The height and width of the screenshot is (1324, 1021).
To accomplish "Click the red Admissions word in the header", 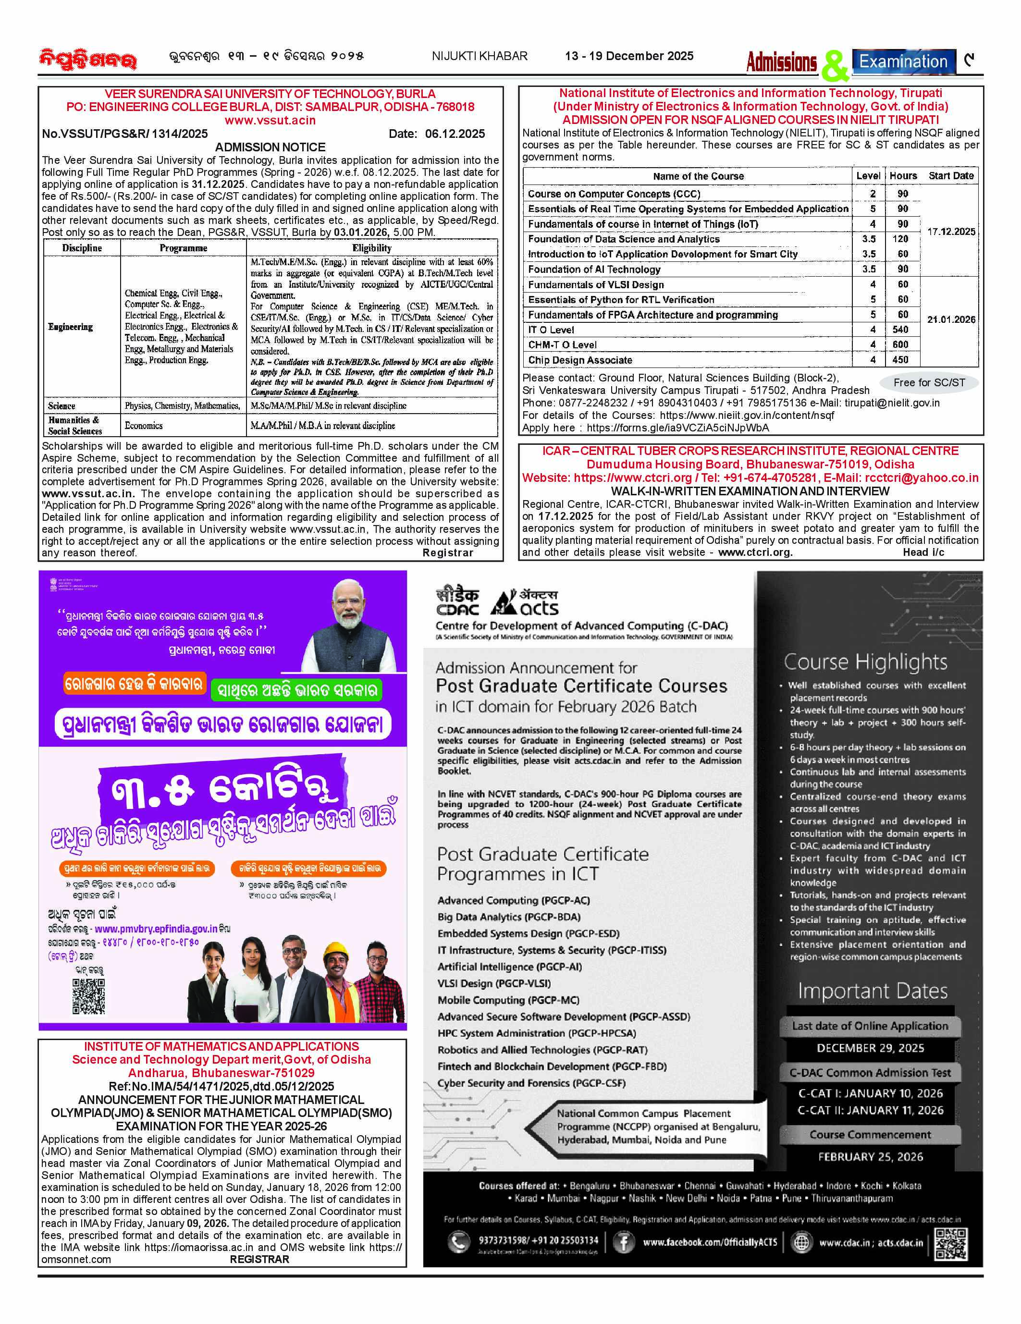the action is (x=782, y=62).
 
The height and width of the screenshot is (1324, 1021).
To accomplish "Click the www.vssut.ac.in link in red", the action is (x=271, y=120).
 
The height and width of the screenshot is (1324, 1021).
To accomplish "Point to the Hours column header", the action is (x=903, y=176).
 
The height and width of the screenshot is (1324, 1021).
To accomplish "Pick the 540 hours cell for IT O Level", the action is (x=900, y=329).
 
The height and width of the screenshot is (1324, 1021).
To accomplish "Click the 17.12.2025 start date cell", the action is (x=951, y=232).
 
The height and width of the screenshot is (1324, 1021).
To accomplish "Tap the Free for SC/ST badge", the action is (x=929, y=382).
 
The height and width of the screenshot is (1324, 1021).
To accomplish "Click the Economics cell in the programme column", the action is (x=144, y=426).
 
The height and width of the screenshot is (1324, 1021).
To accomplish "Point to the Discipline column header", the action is (x=82, y=248).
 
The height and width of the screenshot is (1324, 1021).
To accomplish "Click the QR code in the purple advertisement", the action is (x=88, y=996).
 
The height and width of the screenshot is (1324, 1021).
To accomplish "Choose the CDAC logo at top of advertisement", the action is (x=457, y=602).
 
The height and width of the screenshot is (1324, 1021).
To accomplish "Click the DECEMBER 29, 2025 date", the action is (x=870, y=1048).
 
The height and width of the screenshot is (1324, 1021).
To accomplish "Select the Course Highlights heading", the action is (x=865, y=662).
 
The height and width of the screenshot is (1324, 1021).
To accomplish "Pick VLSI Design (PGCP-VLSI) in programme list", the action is (x=494, y=983).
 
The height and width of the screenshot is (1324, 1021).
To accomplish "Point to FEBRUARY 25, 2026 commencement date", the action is (x=870, y=1157).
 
